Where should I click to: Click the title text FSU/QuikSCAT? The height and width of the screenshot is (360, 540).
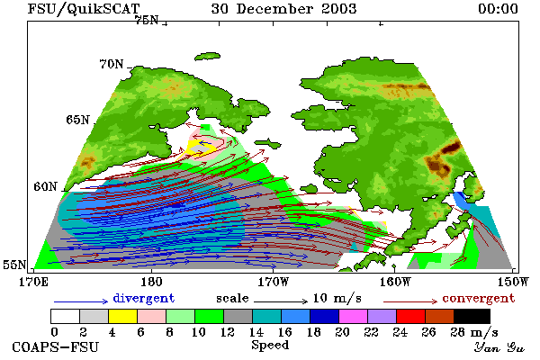(x=84, y=9)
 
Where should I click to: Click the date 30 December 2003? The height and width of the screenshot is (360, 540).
(x=283, y=9)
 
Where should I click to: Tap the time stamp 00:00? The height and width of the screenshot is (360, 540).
(x=498, y=9)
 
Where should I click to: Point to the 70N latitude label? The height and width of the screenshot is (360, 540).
(x=112, y=64)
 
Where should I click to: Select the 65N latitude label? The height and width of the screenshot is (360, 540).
(x=77, y=120)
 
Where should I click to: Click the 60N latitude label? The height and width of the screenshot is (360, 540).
(x=45, y=186)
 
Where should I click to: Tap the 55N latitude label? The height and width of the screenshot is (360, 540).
(x=14, y=265)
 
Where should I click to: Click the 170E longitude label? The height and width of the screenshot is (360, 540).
(x=33, y=282)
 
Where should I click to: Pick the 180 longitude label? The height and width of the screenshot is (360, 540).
(x=151, y=282)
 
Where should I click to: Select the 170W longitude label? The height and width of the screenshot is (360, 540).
(x=273, y=282)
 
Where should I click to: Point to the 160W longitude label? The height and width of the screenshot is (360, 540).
(x=395, y=282)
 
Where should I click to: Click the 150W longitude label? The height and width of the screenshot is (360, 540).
(x=513, y=282)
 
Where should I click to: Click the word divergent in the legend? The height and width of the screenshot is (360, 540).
(x=144, y=298)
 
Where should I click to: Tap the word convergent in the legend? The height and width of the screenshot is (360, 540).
(x=479, y=298)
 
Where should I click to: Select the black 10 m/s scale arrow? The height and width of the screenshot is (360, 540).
(x=281, y=301)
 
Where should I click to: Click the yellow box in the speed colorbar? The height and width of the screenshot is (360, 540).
(x=123, y=316)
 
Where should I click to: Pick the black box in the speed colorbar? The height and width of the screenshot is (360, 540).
(x=472, y=316)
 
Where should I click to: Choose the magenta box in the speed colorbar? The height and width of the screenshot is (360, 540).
(x=354, y=316)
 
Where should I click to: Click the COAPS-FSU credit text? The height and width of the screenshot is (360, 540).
(x=56, y=347)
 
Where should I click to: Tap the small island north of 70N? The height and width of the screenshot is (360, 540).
(x=207, y=57)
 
